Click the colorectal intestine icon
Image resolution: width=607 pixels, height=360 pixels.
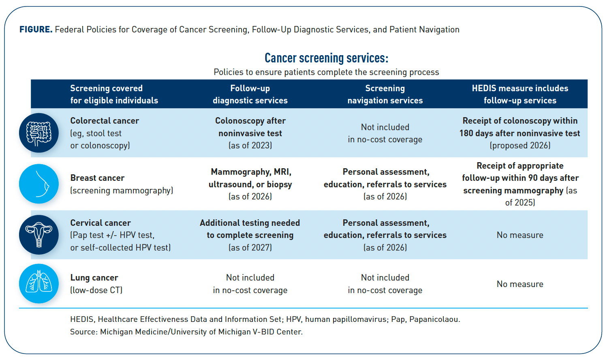[39, 133]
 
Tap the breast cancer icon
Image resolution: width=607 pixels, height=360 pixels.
[39, 184]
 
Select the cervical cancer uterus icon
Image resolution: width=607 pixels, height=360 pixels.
[39, 235]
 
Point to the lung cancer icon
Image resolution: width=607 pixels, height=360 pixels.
[39, 283]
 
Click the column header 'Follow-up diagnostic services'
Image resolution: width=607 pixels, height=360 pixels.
[250, 94]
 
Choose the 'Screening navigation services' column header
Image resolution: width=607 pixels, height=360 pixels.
[385, 94]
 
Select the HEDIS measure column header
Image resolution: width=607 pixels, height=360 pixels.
[520, 94]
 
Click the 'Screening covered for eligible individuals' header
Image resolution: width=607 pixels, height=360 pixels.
[114, 94]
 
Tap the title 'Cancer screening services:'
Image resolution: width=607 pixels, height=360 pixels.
[326, 58]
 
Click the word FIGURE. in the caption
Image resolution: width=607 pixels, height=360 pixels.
[36, 30]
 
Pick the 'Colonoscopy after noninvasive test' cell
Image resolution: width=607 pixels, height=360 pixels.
[250, 133]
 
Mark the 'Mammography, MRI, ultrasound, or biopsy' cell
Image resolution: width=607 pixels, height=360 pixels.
[250, 184]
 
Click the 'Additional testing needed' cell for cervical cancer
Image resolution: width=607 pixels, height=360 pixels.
[250, 235]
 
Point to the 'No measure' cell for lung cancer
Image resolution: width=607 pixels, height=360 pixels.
[520, 284]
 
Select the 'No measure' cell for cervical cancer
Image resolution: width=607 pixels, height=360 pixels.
[520, 235]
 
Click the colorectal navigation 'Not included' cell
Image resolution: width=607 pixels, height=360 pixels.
[385, 133]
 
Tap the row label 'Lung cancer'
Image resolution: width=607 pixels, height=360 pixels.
[94, 278]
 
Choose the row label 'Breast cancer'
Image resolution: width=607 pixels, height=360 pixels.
[97, 178]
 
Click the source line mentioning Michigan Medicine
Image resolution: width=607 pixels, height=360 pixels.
[186, 332]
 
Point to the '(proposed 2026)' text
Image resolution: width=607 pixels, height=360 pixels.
[520, 146]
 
